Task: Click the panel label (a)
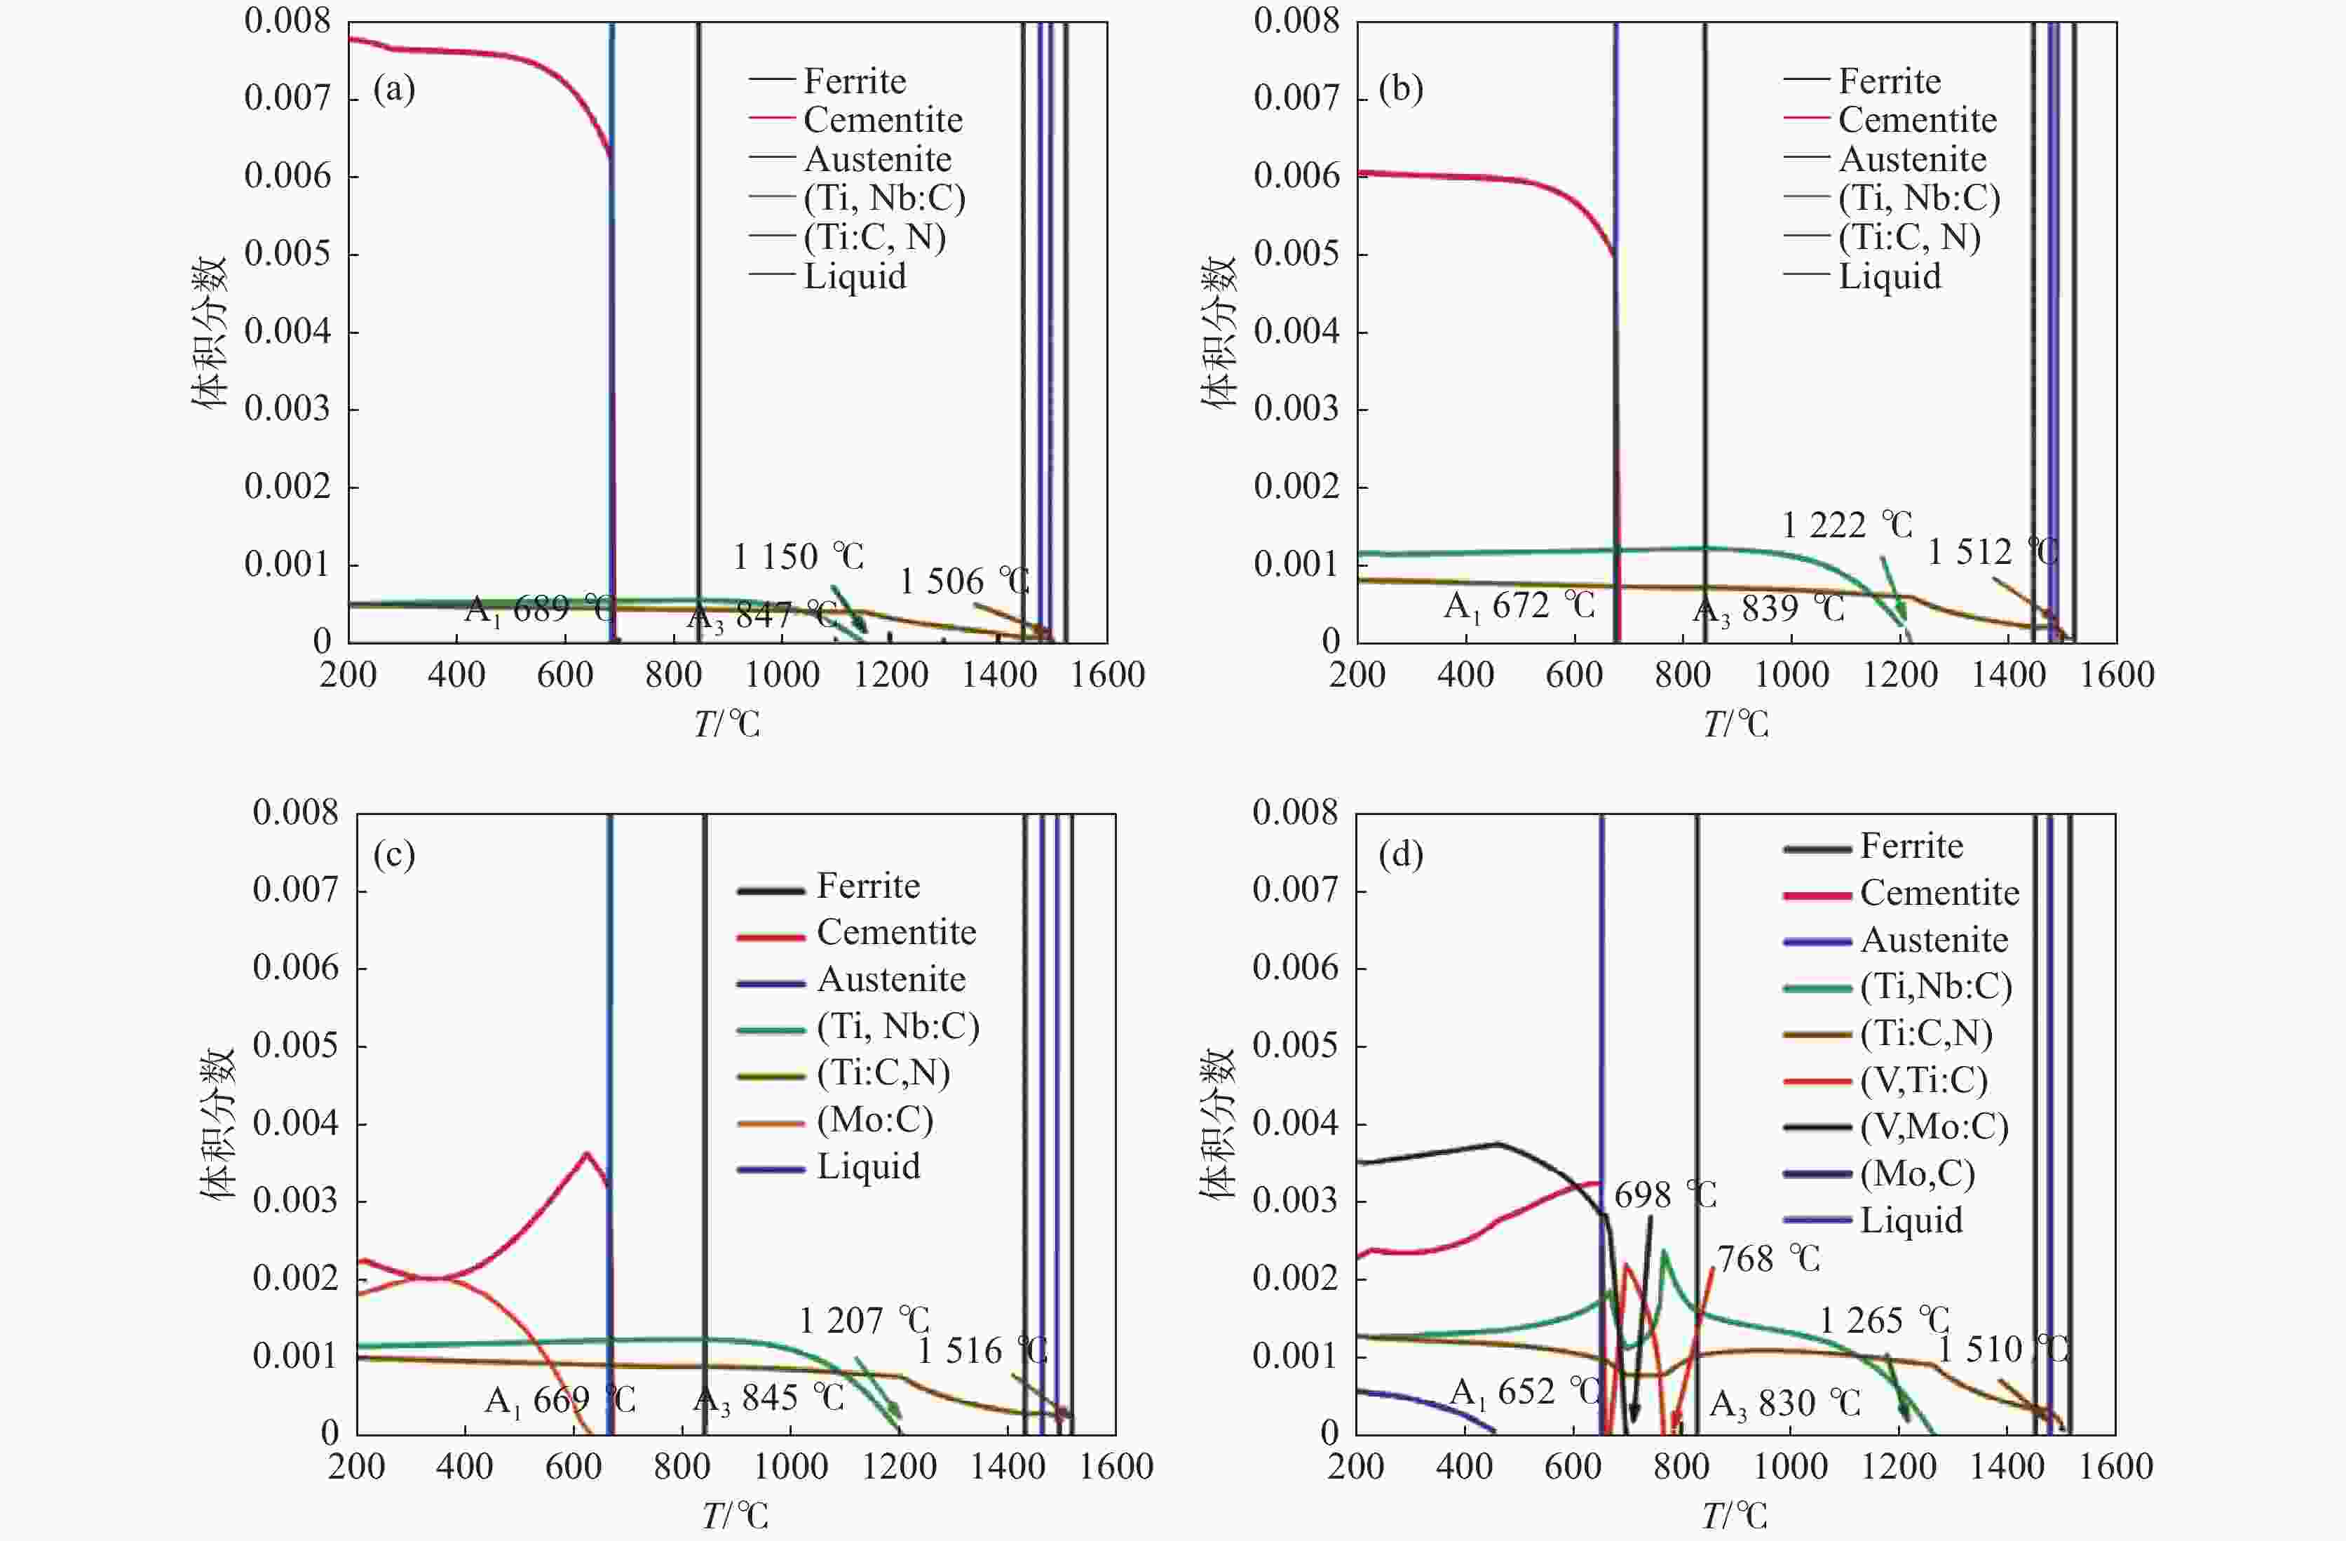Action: [393, 90]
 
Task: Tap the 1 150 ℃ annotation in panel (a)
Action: [799, 557]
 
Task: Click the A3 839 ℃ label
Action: [1768, 610]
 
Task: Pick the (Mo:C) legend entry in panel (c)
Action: [874, 1120]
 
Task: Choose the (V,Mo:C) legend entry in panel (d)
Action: [1933, 1127]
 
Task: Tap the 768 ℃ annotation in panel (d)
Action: [1768, 1259]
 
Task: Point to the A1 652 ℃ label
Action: [1525, 1392]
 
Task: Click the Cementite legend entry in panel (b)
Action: [1916, 120]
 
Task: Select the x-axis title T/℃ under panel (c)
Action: [734, 1515]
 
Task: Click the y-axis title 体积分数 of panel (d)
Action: [1217, 1123]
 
